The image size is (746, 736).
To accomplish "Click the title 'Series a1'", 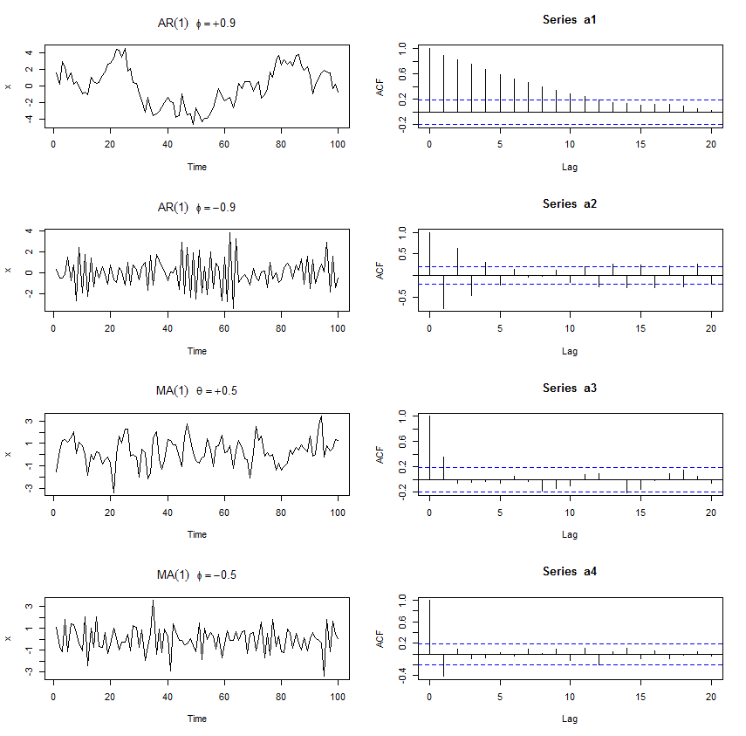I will (x=570, y=19).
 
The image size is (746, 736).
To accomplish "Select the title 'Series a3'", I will (x=570, y=388).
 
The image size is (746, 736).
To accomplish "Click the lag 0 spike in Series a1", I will (x=429, y=79).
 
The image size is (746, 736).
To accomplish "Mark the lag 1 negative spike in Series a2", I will (x=443, y=292).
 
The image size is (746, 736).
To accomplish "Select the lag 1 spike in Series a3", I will (x=443, y=468).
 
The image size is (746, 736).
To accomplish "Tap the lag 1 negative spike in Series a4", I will (x=443, y=664).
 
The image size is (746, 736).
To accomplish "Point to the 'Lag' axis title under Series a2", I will (x=570, y=351).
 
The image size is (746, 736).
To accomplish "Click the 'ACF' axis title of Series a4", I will (x=380, y=638).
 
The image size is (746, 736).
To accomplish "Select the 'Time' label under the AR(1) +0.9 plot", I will (x=197, y=167).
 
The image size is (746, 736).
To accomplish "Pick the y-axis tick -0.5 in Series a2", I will (x=402, y=300).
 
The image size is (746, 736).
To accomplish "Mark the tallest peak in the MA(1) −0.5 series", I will (x=153, y=601).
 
